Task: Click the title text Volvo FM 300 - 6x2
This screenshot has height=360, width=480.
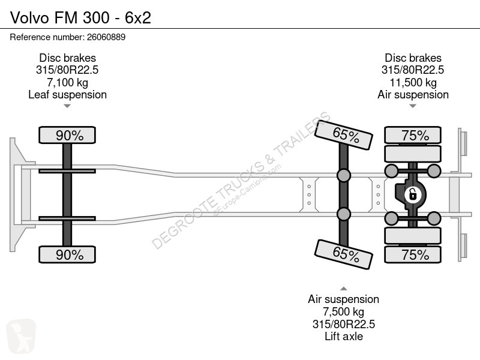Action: (x=80, y=17)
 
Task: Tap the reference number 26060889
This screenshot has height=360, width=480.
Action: (x=106, y=37)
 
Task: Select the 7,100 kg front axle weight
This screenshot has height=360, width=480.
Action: (x=67, y=82)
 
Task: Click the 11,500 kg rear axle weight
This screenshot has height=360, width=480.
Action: (x=413, y=82)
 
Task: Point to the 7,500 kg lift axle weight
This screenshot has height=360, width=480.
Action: (x=343, y=311)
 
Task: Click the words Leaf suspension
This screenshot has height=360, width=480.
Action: (x=67, y=95)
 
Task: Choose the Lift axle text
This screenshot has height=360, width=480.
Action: (x=343, y=336)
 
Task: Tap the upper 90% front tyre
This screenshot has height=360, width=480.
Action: (x=67, y=135)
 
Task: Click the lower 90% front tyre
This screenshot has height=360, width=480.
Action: (x=67, y=254)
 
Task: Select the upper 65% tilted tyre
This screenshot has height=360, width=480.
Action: (x=344, y=135)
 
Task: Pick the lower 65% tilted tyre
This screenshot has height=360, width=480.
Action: (x=344, y=254)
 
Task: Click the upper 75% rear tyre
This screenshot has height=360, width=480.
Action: (x=413, y=135)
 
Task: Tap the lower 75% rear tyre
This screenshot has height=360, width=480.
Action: (x=413, y=254)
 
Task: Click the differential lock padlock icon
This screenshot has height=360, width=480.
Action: (x=412, y=194)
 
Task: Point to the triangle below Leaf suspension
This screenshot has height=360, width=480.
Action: (x=67, y=106)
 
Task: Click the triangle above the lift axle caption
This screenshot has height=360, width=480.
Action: (x=343, y=289)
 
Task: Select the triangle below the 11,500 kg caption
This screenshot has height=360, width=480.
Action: (x=413, y=106)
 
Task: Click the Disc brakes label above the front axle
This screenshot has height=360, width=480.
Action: (x=67, y=58)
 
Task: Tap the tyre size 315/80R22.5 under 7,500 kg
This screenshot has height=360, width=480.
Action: (x=343, y=324)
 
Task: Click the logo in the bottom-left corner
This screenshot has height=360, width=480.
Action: (x=21, y=336)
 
